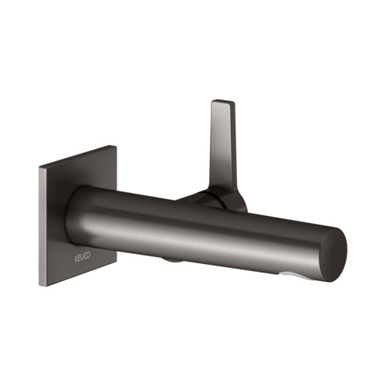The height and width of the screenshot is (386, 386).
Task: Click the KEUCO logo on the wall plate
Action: (x=83, y=257)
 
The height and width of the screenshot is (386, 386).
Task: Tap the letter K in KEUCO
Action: (x=76, y=259)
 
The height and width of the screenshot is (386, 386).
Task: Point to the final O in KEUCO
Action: (x=89, y=256)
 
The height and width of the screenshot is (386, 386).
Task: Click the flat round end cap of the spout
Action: (x=334, y=254)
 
